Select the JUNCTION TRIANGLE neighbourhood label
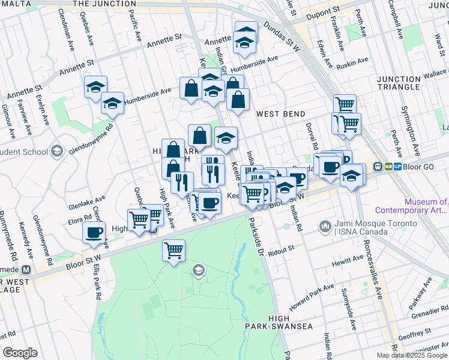pos(399,83)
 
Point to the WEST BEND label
pos(281,114)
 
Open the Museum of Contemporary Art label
pos(411,206)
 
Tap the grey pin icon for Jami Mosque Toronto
pos(325,226)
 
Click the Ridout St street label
pos(282,249)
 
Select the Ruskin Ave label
pos(354,62)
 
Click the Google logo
pos(20,352)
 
